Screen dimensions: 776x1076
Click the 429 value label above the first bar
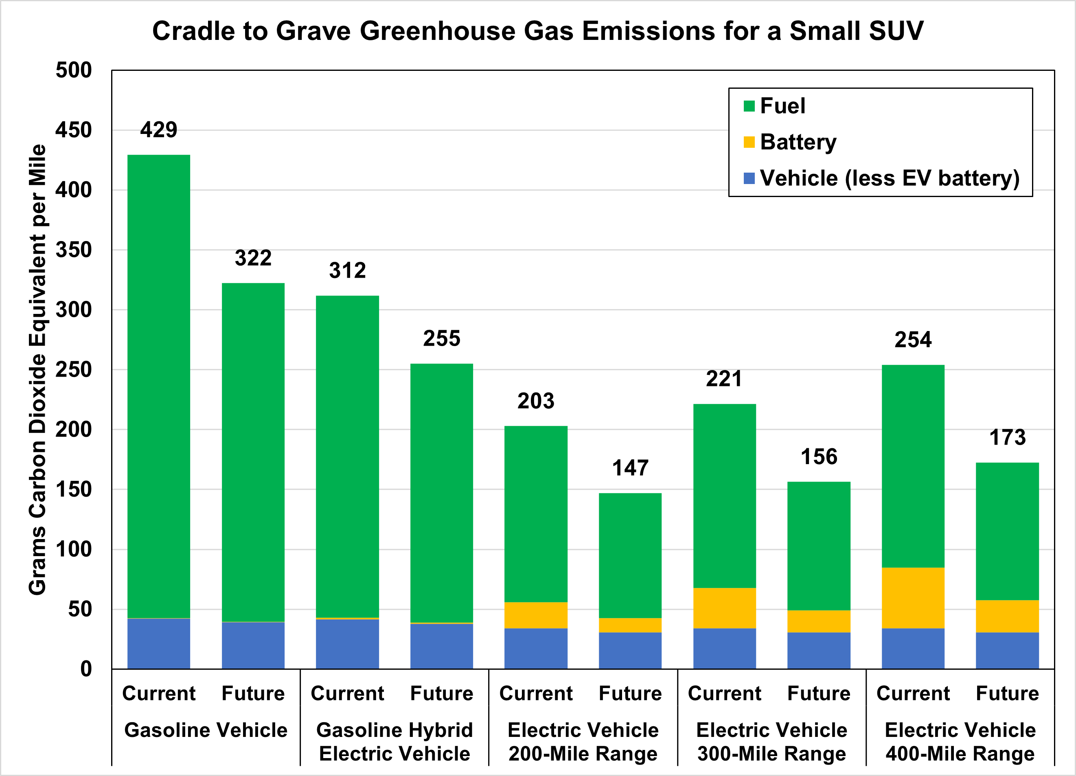(x=158, y=129)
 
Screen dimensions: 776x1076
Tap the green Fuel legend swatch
(x=749, y=106)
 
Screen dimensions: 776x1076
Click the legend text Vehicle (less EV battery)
(x=890, y=178)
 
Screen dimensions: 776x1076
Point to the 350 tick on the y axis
(x=74, y=250)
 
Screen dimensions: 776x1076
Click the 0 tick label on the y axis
(x=86, y=669)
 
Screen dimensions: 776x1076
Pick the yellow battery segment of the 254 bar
(x=913, y=598)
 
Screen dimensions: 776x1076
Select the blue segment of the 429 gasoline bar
(x=158, y=643)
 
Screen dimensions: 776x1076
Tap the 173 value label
(x=1007, y=437)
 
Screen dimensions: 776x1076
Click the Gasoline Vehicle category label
(x=206, y=730)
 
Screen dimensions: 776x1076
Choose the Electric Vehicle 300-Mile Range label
(x=771, y=741)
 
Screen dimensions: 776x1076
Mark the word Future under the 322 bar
(x=253, y=693)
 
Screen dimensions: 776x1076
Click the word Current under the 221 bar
(x=724, y=693)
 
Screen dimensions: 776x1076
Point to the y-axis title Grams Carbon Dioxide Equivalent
(x=38, y=370)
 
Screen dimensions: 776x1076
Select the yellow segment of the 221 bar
(x=724, y=608)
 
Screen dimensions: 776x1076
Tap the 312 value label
(x=347, y=270)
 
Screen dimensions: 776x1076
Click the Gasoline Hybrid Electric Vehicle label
(x=394, y=741)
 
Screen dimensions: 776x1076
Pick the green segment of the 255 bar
(x=441, y=493)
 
